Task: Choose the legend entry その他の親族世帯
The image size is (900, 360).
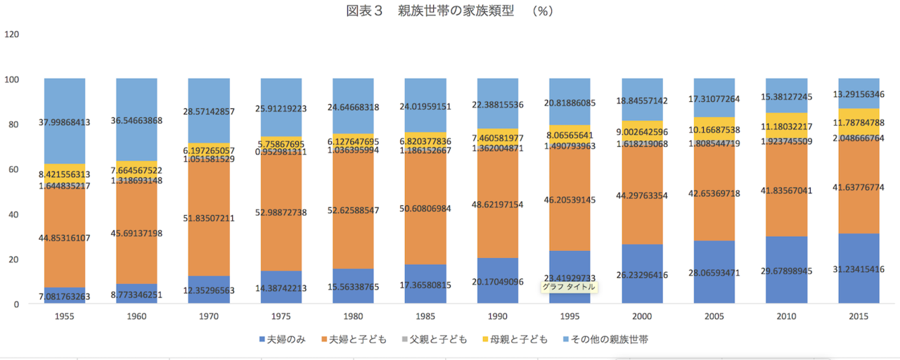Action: [609, 340]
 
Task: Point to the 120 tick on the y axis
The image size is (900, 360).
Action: [12, 34]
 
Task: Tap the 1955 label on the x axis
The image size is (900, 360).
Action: [65, 317]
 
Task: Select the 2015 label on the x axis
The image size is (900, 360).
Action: [857, 317]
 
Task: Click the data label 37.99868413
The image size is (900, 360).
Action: [65, 121]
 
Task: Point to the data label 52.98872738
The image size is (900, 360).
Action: [281, 212]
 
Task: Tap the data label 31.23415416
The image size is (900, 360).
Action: [857, 269]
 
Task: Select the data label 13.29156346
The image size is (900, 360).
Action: [857, 94]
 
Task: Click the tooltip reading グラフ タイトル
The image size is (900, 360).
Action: [569, 287]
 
